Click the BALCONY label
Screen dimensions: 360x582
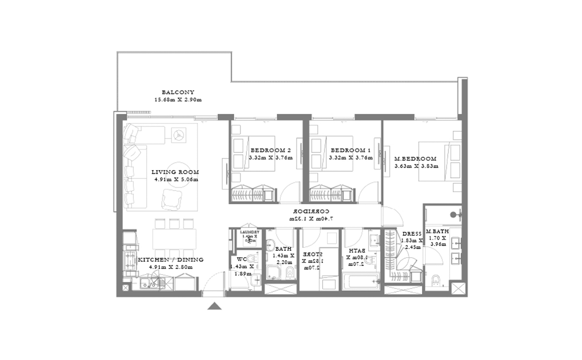point(178,92)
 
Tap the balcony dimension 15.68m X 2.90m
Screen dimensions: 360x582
point(178,100)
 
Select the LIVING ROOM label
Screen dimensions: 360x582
point(175,172)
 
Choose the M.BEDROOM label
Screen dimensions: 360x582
point(415,159)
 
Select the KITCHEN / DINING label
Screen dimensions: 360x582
point(171,260)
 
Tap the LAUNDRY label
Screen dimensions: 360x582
point(250,232)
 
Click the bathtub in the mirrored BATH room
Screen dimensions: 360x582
point(361,280)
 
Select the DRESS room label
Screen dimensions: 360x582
point(412,234)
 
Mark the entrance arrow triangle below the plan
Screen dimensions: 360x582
point(214,306)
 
